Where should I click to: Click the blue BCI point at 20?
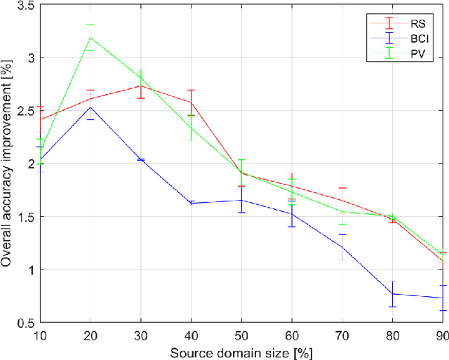pos(91,126)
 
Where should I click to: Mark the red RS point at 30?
pos(140,86)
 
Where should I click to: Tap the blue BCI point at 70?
pos(342,247)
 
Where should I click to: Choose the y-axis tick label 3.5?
pos(25,5)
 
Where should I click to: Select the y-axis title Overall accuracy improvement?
pos(7,164)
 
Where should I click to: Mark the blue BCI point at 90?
pos(441,298)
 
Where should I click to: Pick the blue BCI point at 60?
pos(291,213)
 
